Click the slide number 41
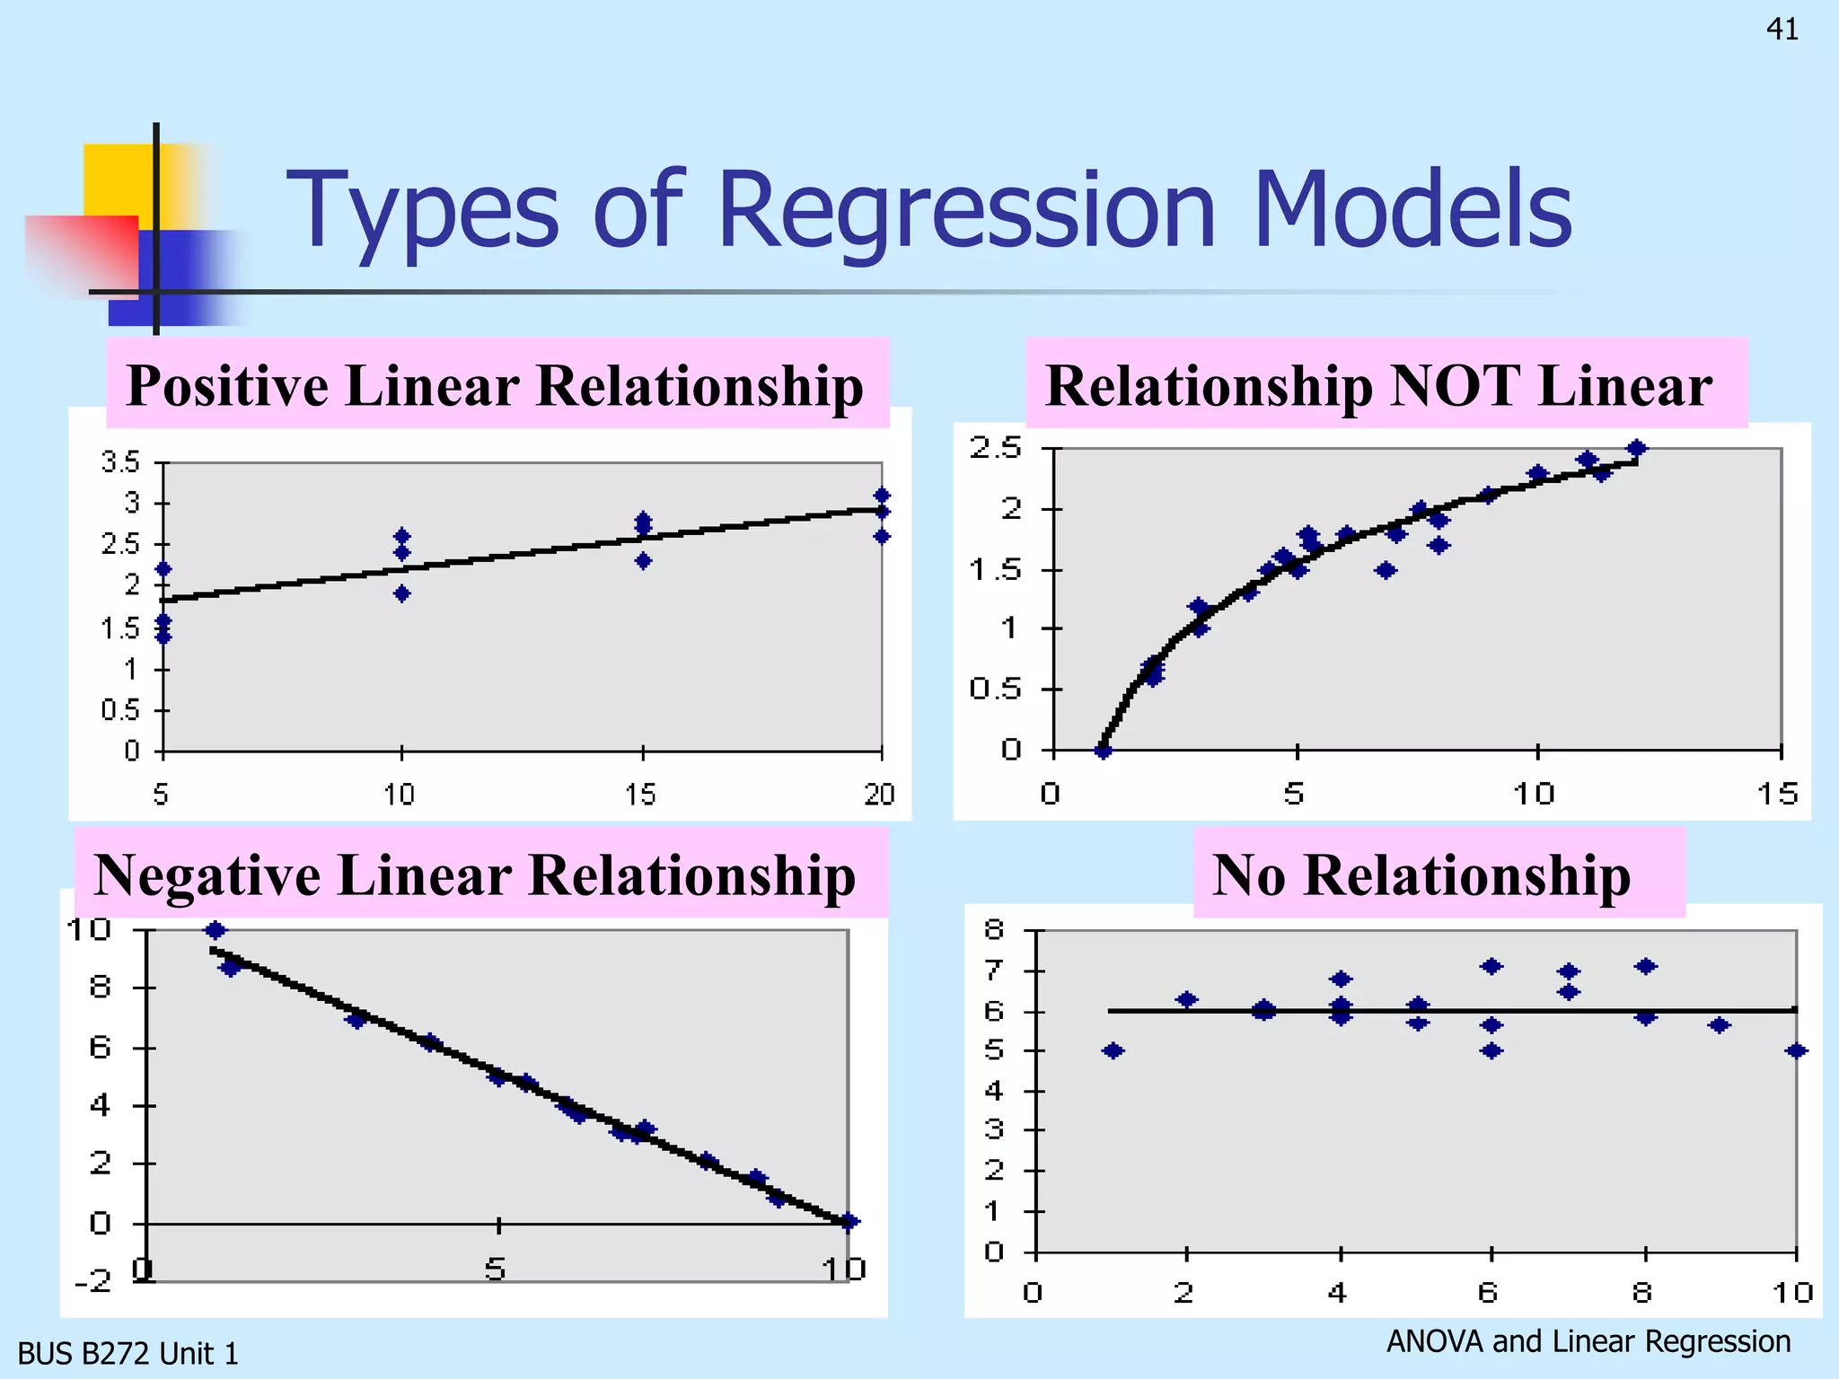coord(1782,30)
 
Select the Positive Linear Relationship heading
coord(495,386)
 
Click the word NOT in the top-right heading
coord(1455,386)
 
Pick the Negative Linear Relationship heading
coord(475,875)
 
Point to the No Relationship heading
coord(1421,875)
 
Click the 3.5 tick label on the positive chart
coord(121,463)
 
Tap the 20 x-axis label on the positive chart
coord(879,795)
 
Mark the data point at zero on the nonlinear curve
coord(1104,751)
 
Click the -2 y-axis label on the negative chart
coord(93,1280)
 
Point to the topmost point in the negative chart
coord(216,930)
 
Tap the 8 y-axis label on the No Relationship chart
coord(994,930)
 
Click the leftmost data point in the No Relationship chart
coord(1113,1051)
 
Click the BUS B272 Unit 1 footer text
coord(128,1354)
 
